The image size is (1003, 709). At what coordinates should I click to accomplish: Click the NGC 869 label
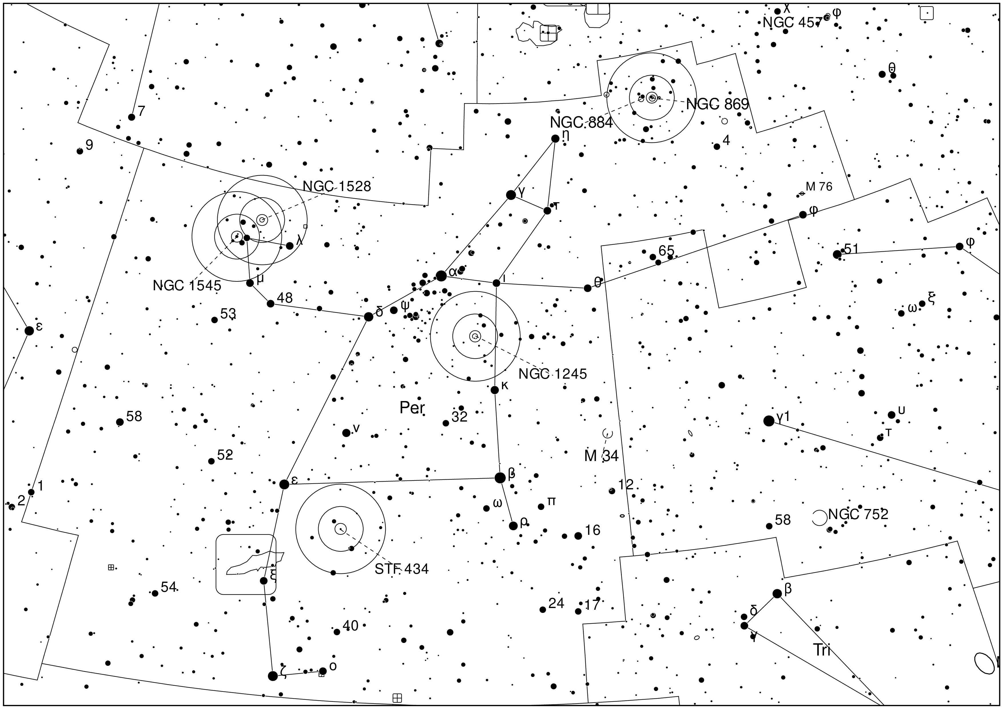click(717, 104)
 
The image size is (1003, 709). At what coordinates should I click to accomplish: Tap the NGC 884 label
click(581, 123)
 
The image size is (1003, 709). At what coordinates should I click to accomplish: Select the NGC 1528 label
click(336, 186)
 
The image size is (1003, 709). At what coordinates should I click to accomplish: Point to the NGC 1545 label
click(187, 286)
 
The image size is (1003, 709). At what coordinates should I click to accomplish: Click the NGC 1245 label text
click(553, 374)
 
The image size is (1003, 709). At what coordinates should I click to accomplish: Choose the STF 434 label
click(401, 569)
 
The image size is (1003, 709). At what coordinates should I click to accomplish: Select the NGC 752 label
click(858, 514)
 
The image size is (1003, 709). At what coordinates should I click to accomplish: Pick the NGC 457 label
click(792, 23)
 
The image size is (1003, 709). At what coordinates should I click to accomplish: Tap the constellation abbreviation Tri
click(821, 650)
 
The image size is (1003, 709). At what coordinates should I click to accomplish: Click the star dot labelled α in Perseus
click(441, 276)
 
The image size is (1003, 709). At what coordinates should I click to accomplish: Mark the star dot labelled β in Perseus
click(500, 477)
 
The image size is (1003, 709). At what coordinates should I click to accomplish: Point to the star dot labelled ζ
click(272, 676)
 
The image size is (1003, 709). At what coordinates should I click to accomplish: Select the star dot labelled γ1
click(769, 421)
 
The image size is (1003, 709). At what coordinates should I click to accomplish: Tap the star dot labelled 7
click(132, 117)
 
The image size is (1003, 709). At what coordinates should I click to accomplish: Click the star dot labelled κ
click(495, 390)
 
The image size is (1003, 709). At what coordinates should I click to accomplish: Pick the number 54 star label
click(168, 587)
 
